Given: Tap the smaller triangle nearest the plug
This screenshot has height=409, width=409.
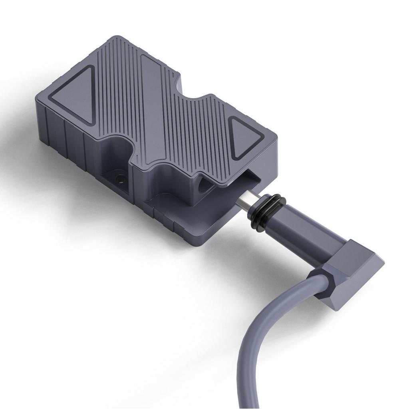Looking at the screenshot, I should click(244, 138).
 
